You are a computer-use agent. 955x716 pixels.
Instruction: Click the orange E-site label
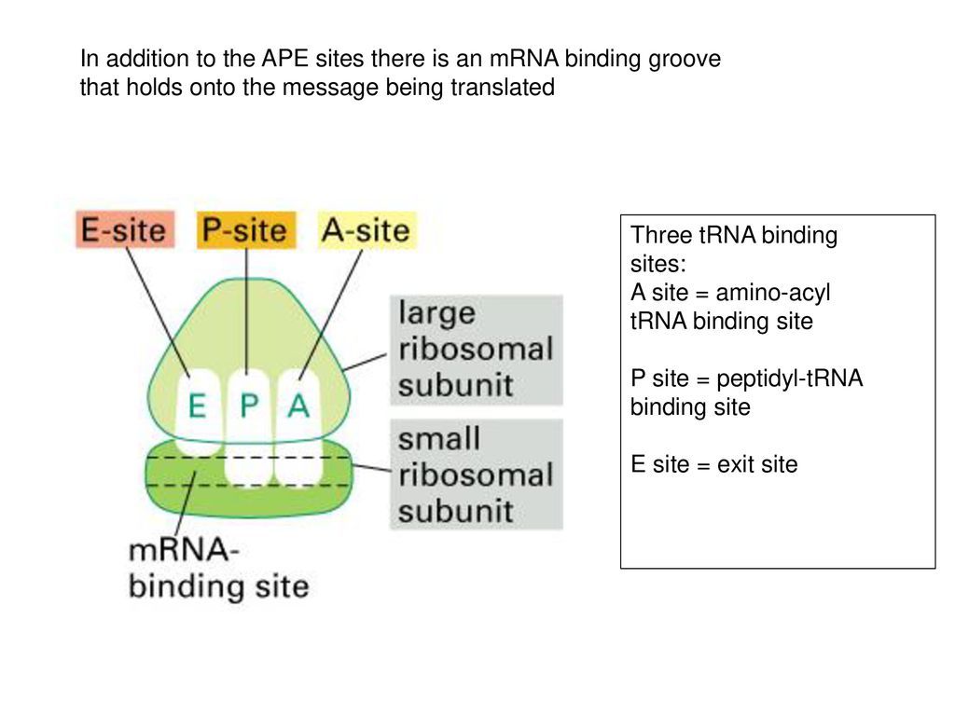pyautogui.click(x=124, y=230)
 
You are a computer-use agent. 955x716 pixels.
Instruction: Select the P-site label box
pyautogui.click(x=246, y=230)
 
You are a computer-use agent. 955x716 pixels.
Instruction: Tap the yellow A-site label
pyautogui.click(x=366, y=230)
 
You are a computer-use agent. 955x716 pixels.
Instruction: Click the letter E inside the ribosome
pyautogui.click(x=197, y=406)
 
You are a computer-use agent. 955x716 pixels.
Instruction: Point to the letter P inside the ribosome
pyautogui.click(x=247, y=406)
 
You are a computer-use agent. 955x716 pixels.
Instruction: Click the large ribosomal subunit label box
pyautogui.click(x=476, y=350)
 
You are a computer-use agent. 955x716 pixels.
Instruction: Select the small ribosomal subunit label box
pyautogui.click(x=476, y=475)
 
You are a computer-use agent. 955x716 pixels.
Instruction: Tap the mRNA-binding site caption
pyautogui.click(x=217, y=569)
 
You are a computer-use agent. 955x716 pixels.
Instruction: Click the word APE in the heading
pyautogui.click(x=265, y=60)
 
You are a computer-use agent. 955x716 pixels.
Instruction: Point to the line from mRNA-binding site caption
pyautogui.click(x=184, y=508)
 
